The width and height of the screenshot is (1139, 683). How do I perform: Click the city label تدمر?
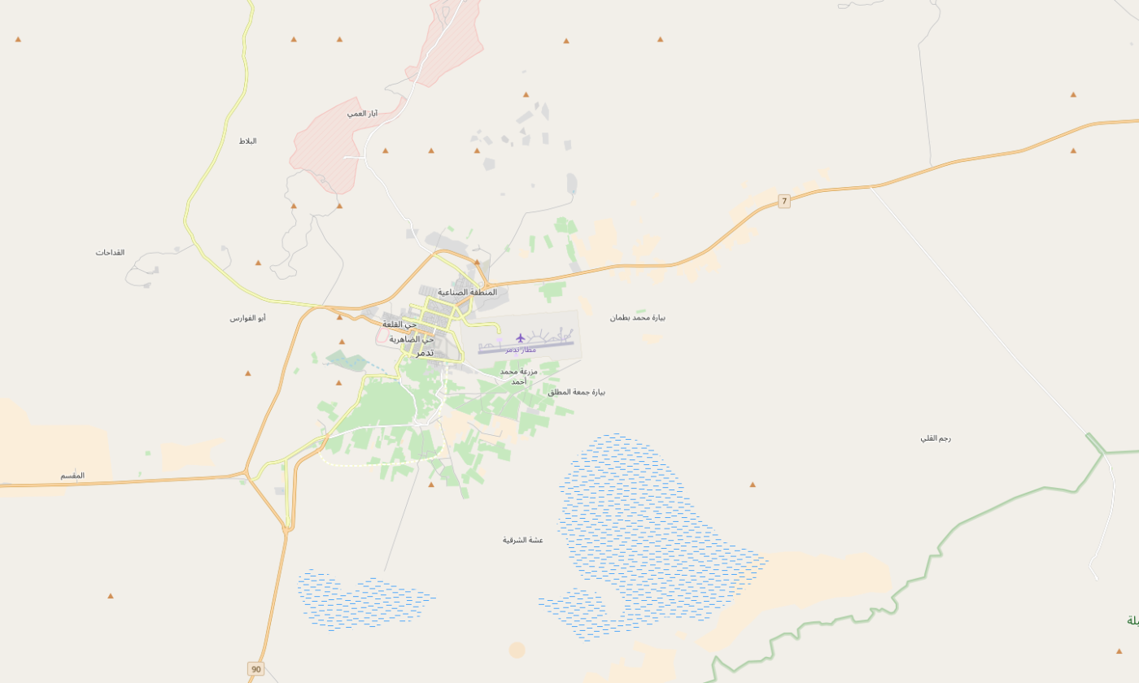pos(425,353)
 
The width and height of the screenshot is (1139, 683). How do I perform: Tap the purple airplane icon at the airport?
pos(521,337)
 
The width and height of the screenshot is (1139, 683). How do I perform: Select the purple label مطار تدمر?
pos(521,350)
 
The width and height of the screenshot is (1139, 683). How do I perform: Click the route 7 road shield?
pos(784,201)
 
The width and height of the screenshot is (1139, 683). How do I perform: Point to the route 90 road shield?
pos(256,669)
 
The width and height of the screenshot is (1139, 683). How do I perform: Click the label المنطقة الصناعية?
pos(467,292)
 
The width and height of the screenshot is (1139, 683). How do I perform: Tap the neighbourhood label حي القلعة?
pos(399,324)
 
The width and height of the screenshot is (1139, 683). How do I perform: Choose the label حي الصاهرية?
pos(412,339)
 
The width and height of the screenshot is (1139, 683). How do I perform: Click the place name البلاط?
pos(247,141)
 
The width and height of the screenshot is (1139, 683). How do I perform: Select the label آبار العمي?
pos(362,113)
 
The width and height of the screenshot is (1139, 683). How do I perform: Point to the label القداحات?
pos(110,252)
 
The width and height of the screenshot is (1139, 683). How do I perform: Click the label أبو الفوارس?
pos(247,318)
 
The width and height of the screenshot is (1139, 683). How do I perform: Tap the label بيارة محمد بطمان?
pos(638,317)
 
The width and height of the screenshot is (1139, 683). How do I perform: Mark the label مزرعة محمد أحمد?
pos(518,376)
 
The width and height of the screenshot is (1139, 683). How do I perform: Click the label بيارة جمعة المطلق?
pos(576,392)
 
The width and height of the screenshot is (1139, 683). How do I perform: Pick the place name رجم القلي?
pos(936,437)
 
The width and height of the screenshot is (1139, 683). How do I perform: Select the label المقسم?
pos(72,475)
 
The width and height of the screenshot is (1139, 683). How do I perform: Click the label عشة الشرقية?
pos(522,540)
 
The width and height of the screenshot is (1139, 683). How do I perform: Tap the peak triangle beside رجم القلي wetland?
pos(753,485)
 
